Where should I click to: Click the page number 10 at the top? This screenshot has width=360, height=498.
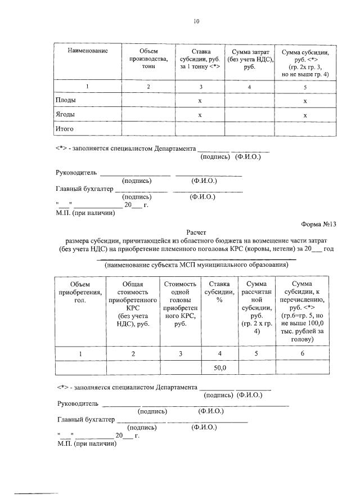[196, 21]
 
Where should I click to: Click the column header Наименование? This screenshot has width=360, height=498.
[87, 51]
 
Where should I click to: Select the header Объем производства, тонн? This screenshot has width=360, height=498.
[148, 59]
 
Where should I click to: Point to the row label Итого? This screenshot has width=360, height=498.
[66, 129]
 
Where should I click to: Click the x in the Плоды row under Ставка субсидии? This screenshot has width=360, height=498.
[200, 100]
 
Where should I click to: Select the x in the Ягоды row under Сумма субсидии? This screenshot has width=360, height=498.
[305, 115]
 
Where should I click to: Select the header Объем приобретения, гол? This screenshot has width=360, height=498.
[80, 292]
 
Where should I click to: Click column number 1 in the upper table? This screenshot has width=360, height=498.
[87, 87]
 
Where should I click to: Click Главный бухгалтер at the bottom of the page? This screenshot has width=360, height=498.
[86, 419]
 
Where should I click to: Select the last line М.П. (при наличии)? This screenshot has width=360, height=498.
[87, 444]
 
